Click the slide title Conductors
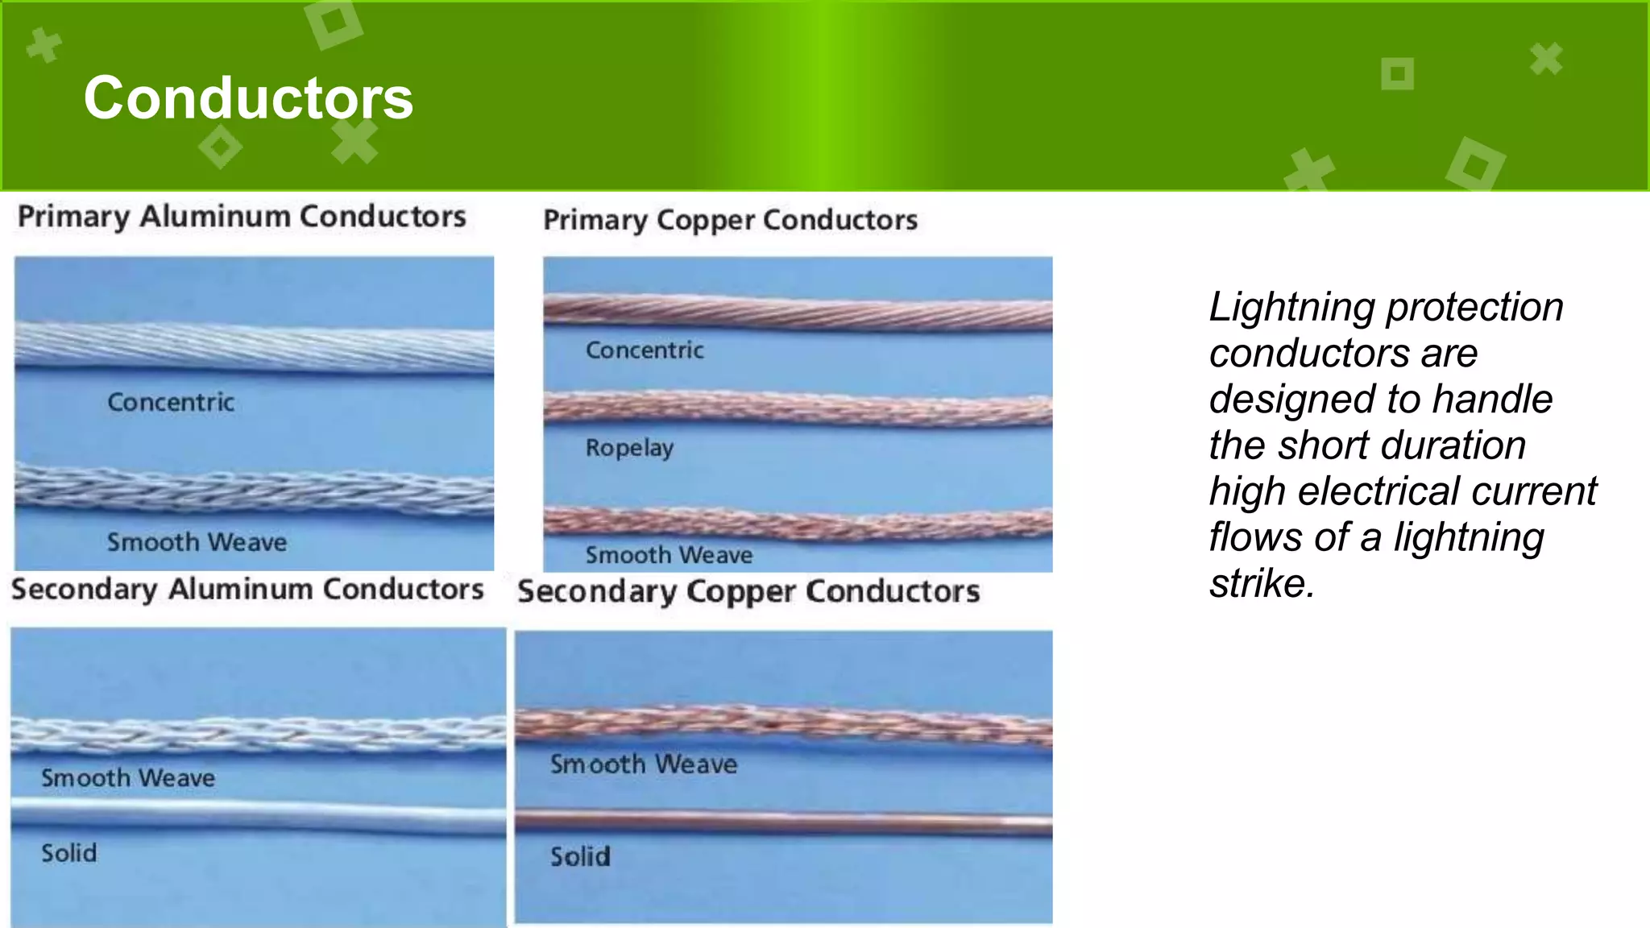(x=248, y=98)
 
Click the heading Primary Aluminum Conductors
(x=242, y=217)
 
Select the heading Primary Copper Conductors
(x=730, y=220)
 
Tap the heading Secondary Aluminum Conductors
(x=247, y=590)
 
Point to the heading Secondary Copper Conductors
(x=748, y=592)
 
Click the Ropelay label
(x=629, y=448)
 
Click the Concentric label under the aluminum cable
(x=171, y=402)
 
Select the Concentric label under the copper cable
(x=645, y=350)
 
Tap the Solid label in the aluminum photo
(x=69, y=853)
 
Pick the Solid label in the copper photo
(x=580, y=856)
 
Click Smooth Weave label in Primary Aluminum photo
(x=197, y=542)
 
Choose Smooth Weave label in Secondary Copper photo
(x=643, y=764)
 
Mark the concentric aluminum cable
(x=254, y=348)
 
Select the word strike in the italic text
(x=1262, y=584)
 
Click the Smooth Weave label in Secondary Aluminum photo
(x=128, y=778)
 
